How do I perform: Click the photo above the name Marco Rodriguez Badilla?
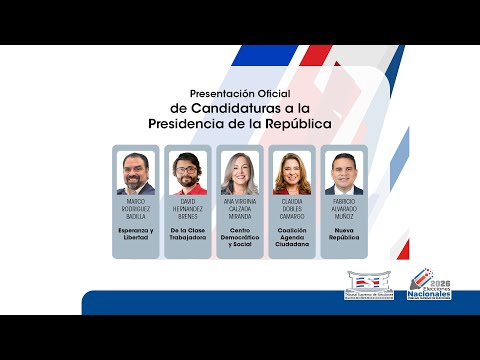[136, 172]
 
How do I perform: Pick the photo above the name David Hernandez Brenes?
[188, 172]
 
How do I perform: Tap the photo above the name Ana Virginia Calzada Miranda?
[240, 172]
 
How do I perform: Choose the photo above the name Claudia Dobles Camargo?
[292, 172]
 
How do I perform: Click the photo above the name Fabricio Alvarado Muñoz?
[344, 172]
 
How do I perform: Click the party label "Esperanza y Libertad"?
[136, 233]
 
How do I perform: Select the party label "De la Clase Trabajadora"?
[188, 233]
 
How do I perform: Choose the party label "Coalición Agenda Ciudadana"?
[292, 237]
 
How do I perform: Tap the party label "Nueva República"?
[344, 233]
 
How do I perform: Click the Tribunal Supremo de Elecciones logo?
[370, 283]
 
